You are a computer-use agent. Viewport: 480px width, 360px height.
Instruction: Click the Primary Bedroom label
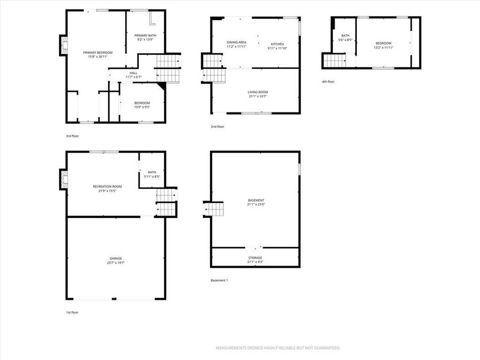[98, 52]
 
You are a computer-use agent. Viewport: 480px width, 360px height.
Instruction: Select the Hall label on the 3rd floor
[133, 73]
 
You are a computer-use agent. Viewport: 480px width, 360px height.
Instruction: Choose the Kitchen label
[277, 44]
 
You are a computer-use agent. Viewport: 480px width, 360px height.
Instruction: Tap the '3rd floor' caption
[72, 136]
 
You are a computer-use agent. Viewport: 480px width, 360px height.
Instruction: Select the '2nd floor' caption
[217, 126]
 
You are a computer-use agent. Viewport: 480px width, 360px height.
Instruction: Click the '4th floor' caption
[328, 82]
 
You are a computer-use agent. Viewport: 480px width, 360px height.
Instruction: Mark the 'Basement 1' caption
[219, 280]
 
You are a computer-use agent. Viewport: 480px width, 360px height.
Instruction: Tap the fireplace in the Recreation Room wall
[63, 179]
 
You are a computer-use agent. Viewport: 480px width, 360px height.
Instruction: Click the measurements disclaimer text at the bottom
[277, 348]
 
